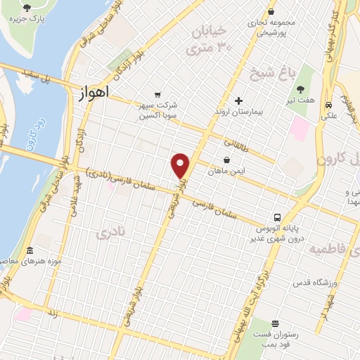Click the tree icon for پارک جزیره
tap(27, 7)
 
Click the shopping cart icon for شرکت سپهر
tap(157, 96)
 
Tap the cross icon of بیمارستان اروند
tap(238, 101)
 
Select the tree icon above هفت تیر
tap(301, 89)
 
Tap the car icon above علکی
tap(328, 105)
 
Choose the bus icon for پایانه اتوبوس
tap(278, 217)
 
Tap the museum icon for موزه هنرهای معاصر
tap(30, 251)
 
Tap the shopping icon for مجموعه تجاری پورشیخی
tap(271, 11)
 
